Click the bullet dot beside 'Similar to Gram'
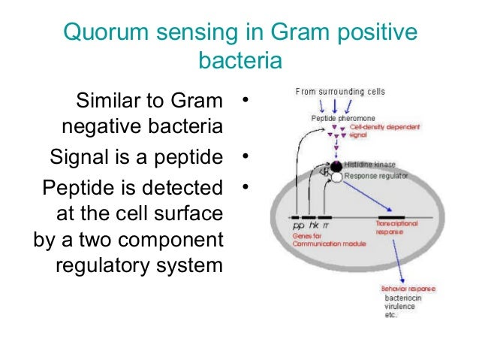pyautogui.click(x=244, y=99)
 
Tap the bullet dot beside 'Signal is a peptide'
pyautogui.click(x=244, y=157)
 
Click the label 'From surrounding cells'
pyautogui.click(x=340, y=92)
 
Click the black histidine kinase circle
pyautogui.click(x=337, y=165)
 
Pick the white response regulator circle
pyautogui.click(x=337, y=177)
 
